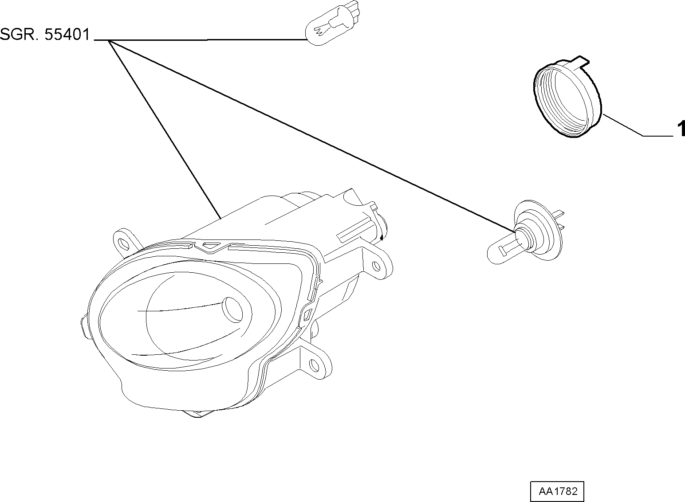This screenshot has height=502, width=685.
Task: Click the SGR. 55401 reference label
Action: (45, 34)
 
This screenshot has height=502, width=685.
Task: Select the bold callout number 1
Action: (681, 129)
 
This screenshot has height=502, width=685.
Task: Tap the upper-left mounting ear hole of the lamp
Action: (123, 243)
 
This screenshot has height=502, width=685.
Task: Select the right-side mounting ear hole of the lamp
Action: (377, 266)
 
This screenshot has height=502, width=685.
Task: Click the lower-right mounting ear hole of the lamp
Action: (314, 365)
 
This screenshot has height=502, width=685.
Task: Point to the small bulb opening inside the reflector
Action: (232, 310)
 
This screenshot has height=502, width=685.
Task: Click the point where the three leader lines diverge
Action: (109, 40)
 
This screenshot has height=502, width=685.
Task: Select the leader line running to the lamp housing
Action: (165, 129)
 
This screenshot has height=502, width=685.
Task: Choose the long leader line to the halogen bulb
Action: (311, 136)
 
